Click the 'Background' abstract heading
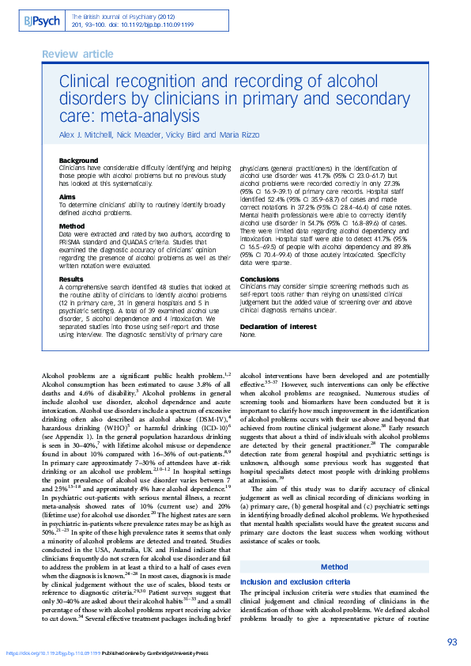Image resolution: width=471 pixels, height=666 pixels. [79, 161]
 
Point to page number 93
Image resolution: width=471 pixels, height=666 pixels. [451, 641]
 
